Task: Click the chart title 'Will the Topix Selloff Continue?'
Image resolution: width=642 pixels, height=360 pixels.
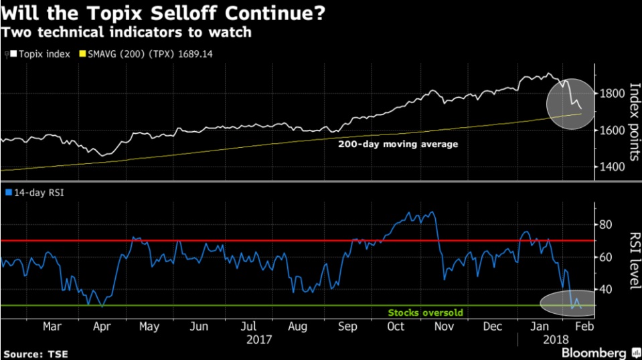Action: coord(163,13)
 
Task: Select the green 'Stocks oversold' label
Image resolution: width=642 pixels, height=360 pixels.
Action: coord(425,312)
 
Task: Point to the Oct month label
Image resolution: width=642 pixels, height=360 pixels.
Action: coord(396,327)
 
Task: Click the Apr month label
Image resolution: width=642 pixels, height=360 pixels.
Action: coord(100,327)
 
